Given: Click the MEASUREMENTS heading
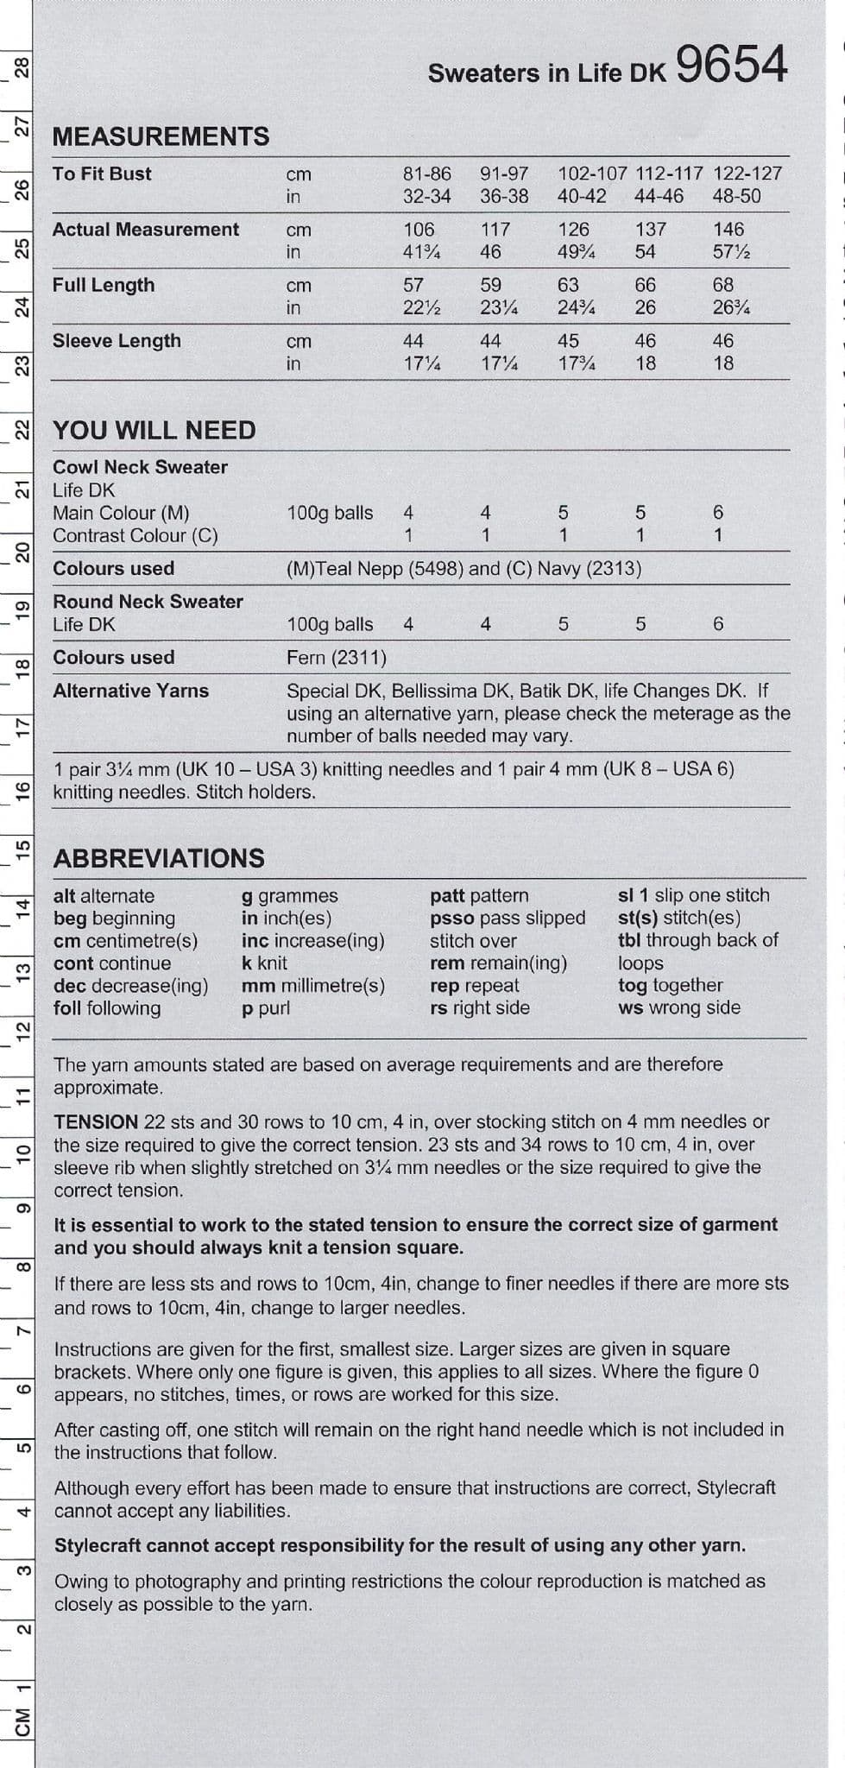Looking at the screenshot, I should [161, 136].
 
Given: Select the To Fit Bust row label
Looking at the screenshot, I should [102, 174].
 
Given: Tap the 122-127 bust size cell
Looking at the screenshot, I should [747, 174].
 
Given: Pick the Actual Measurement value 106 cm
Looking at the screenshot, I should [419, 230].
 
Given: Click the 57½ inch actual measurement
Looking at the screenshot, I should [731, 252].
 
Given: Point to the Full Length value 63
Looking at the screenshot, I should [568, 285].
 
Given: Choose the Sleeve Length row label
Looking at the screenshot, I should [117, 341].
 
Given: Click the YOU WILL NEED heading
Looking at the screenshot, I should [154, 430].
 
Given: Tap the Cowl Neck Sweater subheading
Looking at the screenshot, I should [140, 467].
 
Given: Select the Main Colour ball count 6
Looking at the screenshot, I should [718, 513].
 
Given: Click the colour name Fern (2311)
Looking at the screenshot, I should [337, 658].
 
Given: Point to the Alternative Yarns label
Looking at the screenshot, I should [130, 691].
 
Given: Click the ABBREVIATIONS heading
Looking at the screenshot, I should [159, 858].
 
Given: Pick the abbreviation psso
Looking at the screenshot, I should [451, 918].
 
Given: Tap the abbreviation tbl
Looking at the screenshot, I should [628, 940].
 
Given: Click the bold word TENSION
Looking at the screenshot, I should [96, 1121].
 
